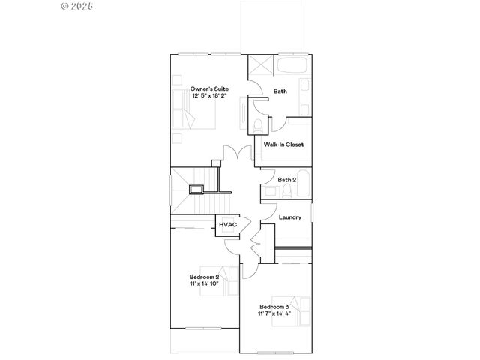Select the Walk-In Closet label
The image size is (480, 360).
pyautogui.click(x=283, y=145)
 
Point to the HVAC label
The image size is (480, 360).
pyautogui.click(x=226, y=224)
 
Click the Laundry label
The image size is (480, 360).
pyautogui.click(x=290, y=217)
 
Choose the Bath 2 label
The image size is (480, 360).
pyautogui.click(x=287, y=180)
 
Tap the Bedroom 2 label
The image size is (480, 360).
pyautogui.click(x=204, y=277)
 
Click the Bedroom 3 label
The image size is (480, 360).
pyautogui.click(x=274, y=307)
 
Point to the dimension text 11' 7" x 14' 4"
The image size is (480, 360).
pyautogui.click(x=274, y=314)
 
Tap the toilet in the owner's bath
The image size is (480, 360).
pyautogui.click(x=256, y=124)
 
